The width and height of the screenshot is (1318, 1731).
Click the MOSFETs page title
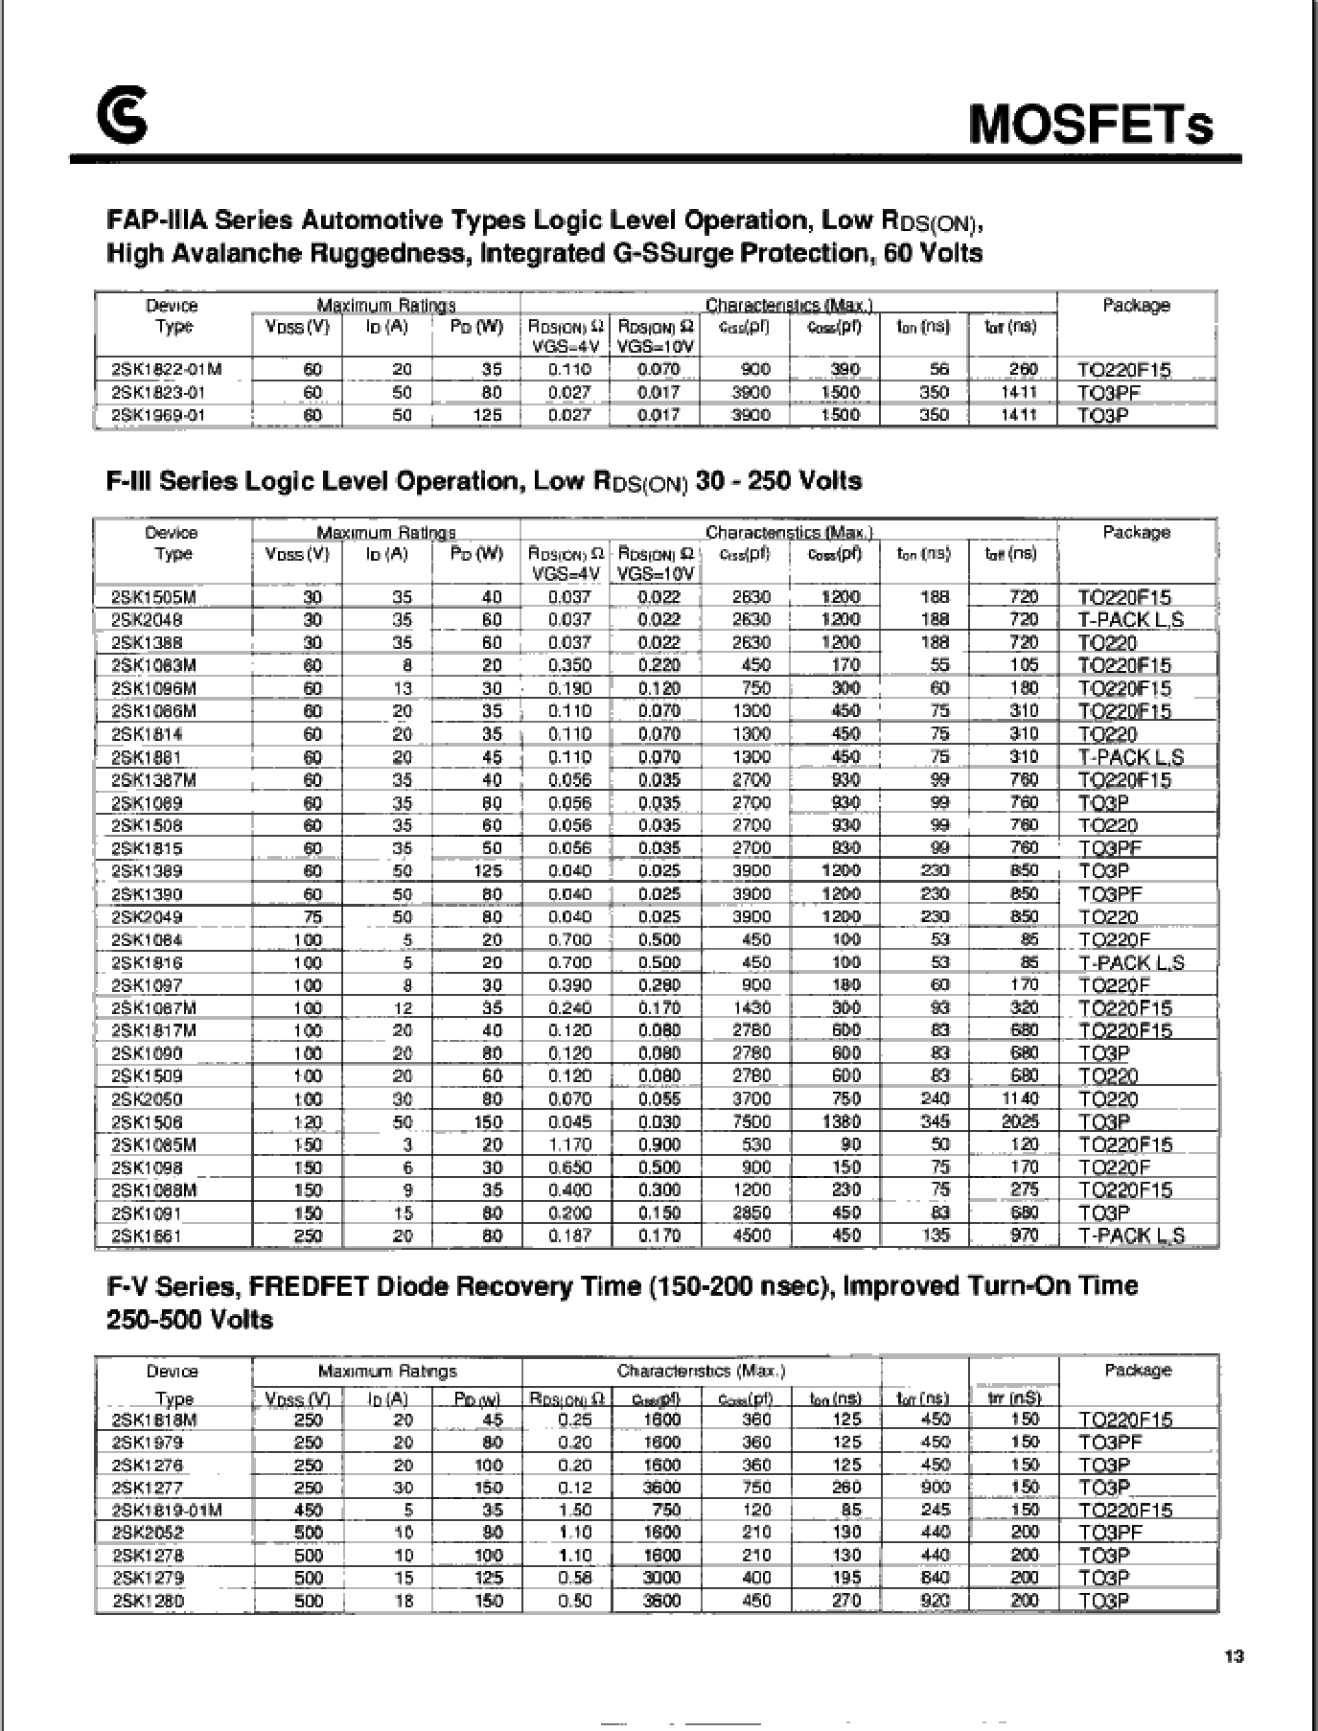[1091, 125]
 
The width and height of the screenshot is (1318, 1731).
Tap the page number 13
[1234, 1656]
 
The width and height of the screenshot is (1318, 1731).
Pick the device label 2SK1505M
[153, 597]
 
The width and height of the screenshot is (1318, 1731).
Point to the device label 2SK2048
[147, 620]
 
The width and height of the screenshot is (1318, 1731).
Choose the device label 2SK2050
[147, 1099]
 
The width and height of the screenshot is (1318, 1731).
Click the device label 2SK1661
[147, 1236]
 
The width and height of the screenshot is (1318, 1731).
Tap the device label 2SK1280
[148, 1601]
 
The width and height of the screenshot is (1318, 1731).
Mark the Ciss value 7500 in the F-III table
[751, 1122]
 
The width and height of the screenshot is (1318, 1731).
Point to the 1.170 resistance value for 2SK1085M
[569, 1145]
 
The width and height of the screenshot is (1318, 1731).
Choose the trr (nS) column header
[1013, 1398]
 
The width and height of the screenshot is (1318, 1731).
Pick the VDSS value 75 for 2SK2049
[312, 917]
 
